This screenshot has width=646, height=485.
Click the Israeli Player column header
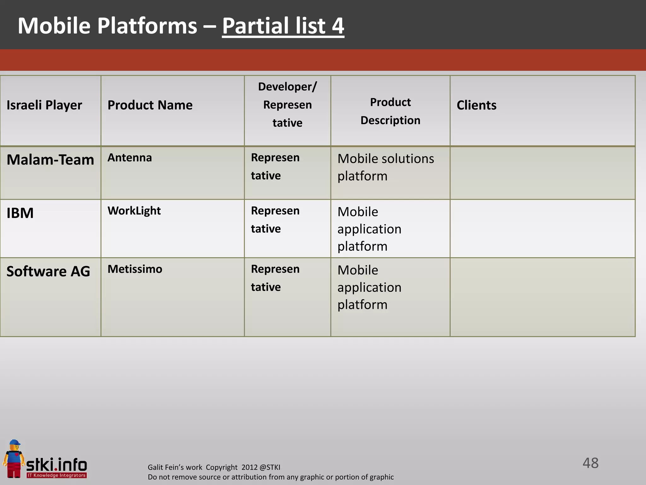(44, 105)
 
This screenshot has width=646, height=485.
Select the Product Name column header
(150, 105)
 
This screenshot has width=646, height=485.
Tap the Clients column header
(476, 105)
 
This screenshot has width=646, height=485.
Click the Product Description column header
(390, 111)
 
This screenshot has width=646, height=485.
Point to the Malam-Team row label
(50, 160)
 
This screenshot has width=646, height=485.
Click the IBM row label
(20, 213)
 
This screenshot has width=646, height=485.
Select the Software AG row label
(48, 272)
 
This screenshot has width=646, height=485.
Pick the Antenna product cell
(130, 158)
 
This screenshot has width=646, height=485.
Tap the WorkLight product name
(134, 211)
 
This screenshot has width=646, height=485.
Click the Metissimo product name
(135, 269)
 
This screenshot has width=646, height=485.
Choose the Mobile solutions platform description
(385, 167)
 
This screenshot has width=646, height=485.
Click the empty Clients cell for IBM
(542, 228)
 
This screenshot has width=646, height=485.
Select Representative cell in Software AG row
(275, 278)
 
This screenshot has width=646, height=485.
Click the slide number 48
(590, 463)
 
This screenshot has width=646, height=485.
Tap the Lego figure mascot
(14, 458)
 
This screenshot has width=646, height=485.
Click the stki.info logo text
(56, 465)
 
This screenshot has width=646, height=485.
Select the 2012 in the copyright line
(249, 467)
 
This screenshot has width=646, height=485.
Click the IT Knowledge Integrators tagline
(56, 475)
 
